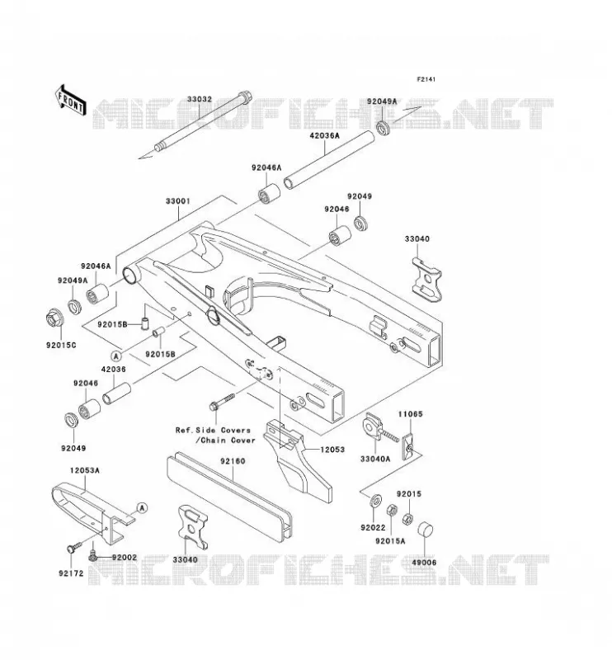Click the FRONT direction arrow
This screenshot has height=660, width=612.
[x=70, y=100]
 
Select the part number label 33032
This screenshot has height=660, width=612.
[x=199, y=99]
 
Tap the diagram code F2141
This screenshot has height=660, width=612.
[x=426, y=79]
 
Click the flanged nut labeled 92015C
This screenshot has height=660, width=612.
[x=54, y=318]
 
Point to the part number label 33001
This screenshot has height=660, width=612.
[x=177, y=201]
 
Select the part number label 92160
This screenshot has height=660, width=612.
[x=233, y=461]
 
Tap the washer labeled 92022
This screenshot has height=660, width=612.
[x=375, y=501]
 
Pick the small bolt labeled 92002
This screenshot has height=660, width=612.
[x=92, y=556]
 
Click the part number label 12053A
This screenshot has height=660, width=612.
[x=85, y=469]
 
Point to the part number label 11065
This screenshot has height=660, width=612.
[x=411, y=414]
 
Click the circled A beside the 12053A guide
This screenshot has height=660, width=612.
[x=143, y=508]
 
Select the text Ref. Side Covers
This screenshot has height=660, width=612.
[x=213, y=430]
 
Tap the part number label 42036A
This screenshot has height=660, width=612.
[x=324, y=136]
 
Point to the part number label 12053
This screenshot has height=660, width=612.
[x=332, y=450]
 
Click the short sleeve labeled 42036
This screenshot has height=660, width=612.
[x=116, y=394]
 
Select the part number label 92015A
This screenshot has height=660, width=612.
[x=390, y=541]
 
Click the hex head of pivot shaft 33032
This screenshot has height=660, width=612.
[x=244, y=96]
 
